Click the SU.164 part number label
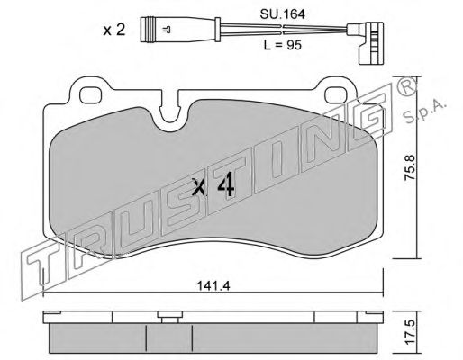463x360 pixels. click(282, 14)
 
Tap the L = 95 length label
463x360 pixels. click(282, 45)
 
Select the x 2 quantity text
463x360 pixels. click(114, 31)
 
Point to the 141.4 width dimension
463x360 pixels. click(213, 286)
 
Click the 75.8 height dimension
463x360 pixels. click(410, 167)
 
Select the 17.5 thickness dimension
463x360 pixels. click(410, 332)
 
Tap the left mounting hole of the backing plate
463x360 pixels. click(91, 94)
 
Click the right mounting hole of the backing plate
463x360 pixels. click(336, 94)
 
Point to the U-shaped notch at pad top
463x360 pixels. click(169, 117)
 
